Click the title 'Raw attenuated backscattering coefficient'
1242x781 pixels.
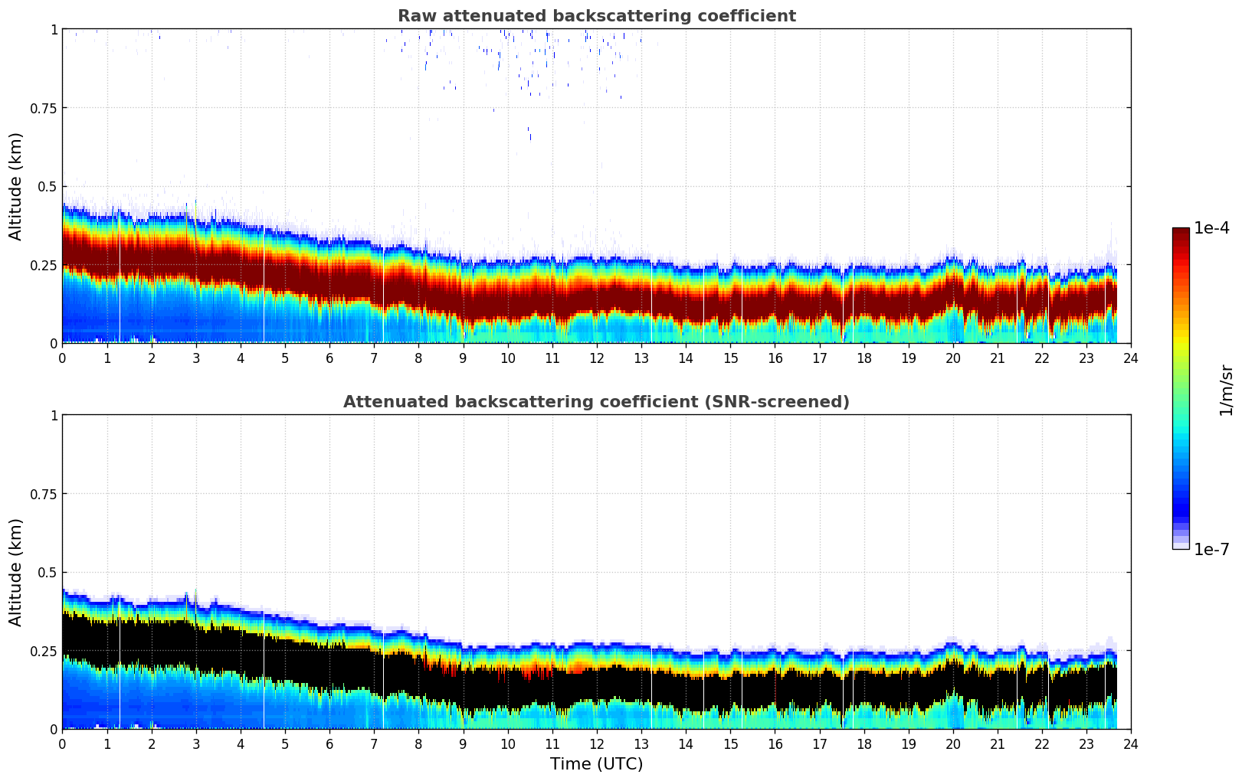pyautogui.click(x=596, y=16)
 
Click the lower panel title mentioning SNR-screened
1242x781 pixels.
pyautogui.click(x=596, y=402)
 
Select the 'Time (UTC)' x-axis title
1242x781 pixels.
pyautogui.click(x=596, y=764)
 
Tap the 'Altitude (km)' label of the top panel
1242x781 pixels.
pyautogui.click(x=16, y=186)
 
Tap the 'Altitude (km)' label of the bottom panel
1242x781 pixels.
pyautogui.click(x=16, y=572)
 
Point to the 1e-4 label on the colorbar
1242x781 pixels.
pyautogui.click(x=1211, y=228)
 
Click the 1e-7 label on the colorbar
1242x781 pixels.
pyautogui.click(x=1211, y=549)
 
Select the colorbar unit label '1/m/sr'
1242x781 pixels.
pyautogui.click(x=1226, y=389)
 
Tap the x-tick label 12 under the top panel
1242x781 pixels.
pyautogui.click(x=596, y=358)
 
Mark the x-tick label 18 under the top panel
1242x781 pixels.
pyautogui.click(x=864, y=358)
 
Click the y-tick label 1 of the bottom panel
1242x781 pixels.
pyautogui.click(x=54, y=415)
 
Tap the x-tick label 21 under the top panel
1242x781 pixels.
pyautogui.click(x=997, y=358)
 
